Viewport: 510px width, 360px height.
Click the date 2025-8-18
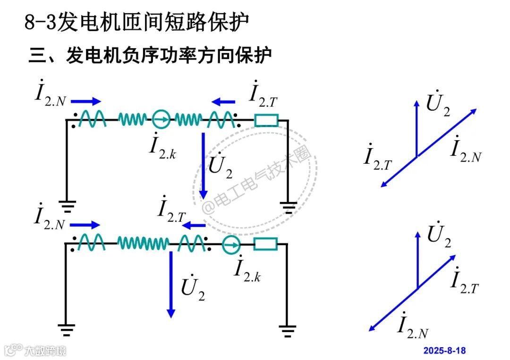tap(444, 351)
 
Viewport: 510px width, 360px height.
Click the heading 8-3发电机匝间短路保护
tap(136, 22)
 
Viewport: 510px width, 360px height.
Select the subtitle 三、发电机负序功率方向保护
tap(151, 55)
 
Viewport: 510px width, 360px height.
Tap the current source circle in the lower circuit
tap(231, 244)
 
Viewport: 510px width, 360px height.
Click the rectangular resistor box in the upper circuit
tap(266, 120)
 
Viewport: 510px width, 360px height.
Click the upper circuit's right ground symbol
tap(288, 206)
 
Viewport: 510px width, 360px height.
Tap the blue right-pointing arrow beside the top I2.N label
tap(86, 101)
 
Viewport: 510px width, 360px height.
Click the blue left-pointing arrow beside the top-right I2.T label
tap(223, 101)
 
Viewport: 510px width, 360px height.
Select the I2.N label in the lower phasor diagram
tap(412, 325)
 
